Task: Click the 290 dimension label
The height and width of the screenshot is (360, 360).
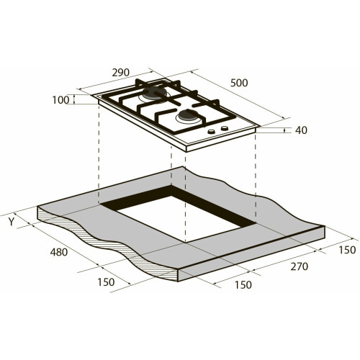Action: point(121,73)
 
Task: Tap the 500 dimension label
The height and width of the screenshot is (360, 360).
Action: point(239,83)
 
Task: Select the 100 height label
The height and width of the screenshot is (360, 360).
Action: point(60,100)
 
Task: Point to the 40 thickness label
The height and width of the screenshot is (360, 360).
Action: point(301,130)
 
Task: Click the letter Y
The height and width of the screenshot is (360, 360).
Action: point(12,222)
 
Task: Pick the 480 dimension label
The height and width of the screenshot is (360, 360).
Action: point(59,252)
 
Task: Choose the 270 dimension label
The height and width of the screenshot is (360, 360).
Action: point(299,266)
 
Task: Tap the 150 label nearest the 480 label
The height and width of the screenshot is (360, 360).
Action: point(106,282)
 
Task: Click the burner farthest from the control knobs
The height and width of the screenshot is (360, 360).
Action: point(153,94)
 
